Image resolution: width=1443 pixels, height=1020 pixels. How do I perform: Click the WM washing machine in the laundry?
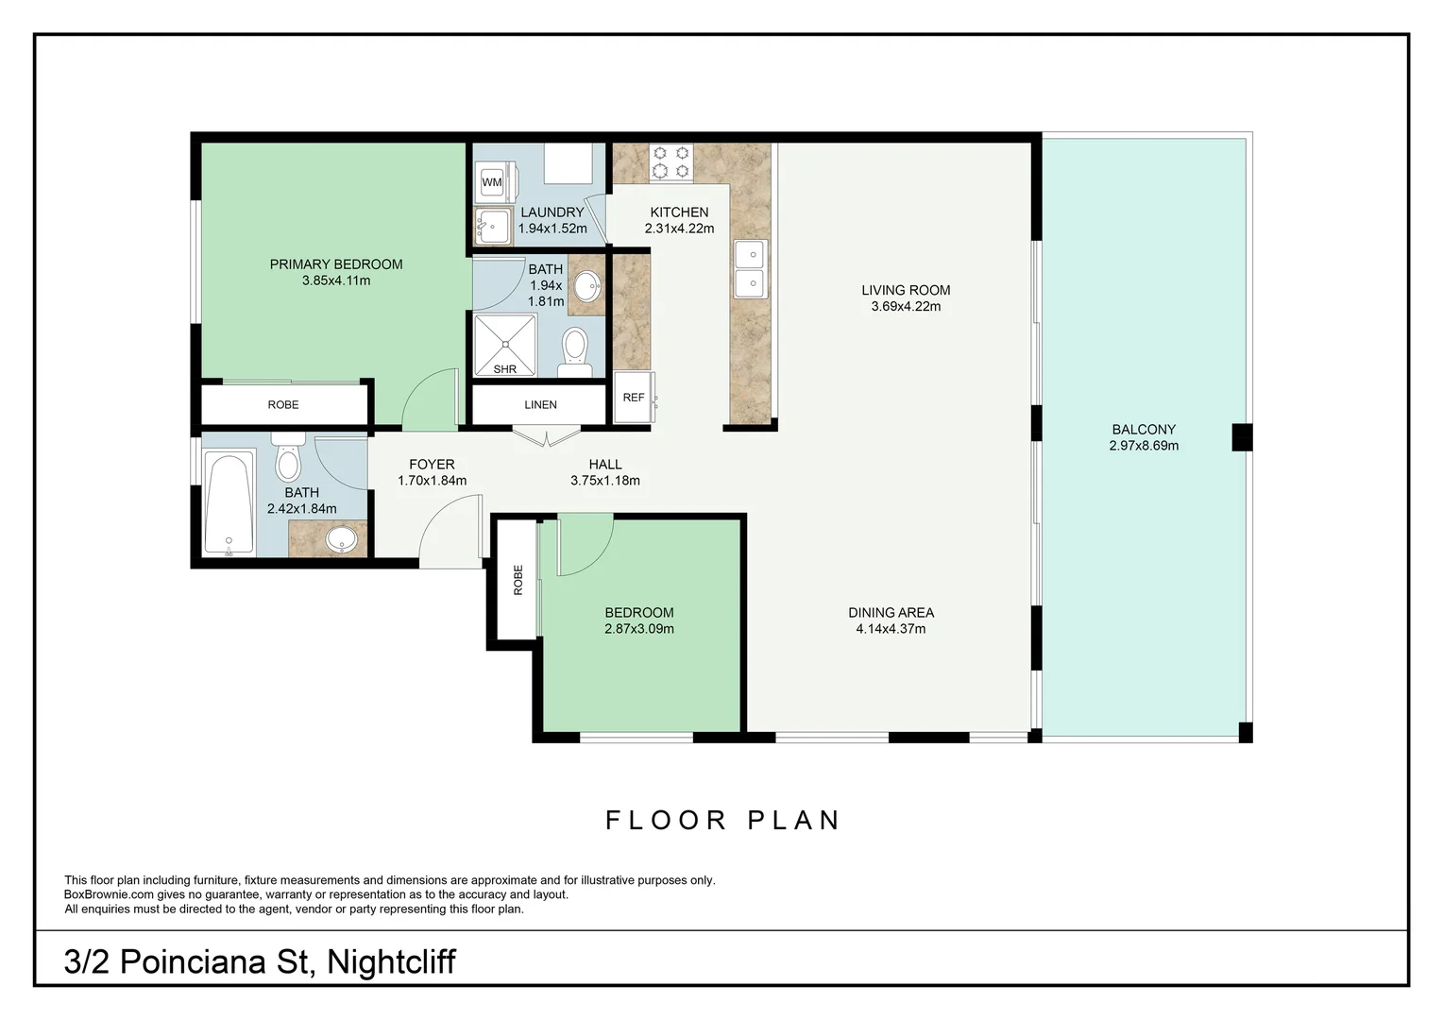tap(492, 181)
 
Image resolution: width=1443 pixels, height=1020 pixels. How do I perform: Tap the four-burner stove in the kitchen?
tap(671, 161)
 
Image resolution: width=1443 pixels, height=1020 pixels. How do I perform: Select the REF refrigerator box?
tap(634, 398)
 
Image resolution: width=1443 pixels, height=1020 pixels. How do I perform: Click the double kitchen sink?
tap(750, 269)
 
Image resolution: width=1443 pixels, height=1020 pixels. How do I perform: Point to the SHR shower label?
tap(505, 369)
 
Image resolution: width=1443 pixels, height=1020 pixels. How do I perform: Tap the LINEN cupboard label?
tap(540, 404)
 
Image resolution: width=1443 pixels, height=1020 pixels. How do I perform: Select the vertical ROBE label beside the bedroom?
tap(518, 579)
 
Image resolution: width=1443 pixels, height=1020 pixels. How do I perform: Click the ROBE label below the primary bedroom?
tap(283, 404)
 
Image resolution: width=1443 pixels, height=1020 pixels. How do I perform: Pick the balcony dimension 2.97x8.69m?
tap(1144, 446)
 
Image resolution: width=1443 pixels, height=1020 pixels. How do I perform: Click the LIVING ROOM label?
tap(906, 290)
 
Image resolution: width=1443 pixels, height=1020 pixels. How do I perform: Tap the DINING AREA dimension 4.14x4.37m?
tap(891, 629)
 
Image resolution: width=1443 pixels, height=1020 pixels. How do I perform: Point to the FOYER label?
tap(432, 464)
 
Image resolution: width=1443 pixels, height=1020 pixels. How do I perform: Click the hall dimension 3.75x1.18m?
tap(605, 481)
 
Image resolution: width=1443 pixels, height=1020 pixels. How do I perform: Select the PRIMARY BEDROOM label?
tap(336, 264)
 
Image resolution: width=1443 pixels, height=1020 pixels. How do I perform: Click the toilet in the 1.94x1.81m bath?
tap(575, 348)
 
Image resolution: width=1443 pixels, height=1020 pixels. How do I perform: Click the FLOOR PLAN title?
tap(722, 820)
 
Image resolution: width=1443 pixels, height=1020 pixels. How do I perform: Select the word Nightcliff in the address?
tap(391, 961)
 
